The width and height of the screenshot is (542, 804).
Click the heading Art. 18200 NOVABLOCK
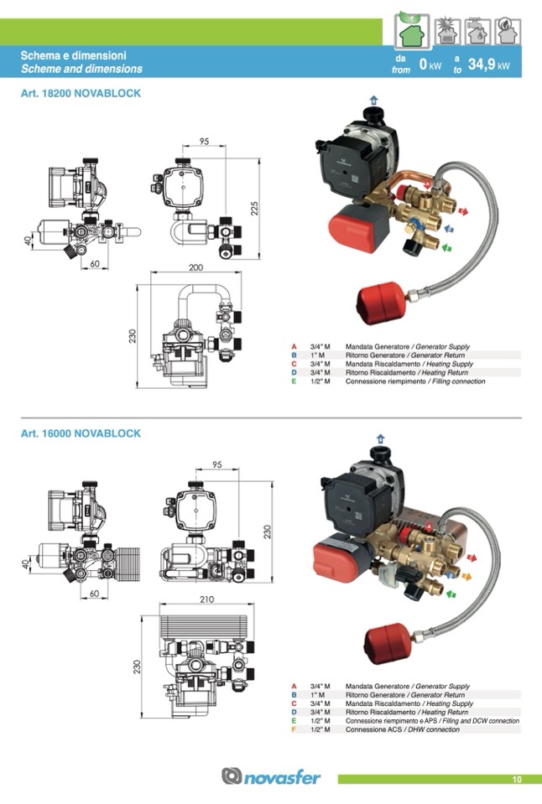click(81, 94)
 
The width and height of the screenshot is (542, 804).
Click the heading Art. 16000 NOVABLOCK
click(81, 433)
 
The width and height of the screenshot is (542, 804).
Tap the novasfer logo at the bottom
click(271, 776)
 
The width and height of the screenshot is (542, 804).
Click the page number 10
click(517, 780)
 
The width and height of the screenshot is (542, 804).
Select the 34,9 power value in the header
click(482, 64)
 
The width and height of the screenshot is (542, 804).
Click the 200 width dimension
click(195, 267)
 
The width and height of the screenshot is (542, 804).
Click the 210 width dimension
click(206, 599)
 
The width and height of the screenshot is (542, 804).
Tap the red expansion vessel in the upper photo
click(383, 298)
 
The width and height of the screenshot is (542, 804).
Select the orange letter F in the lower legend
click(294, 729)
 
